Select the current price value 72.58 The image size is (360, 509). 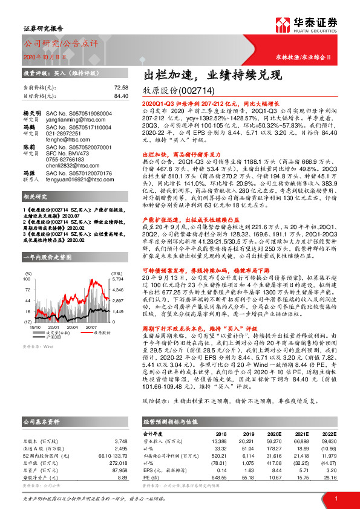coord(120,88)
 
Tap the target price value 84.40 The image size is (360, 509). coord(120,96)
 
